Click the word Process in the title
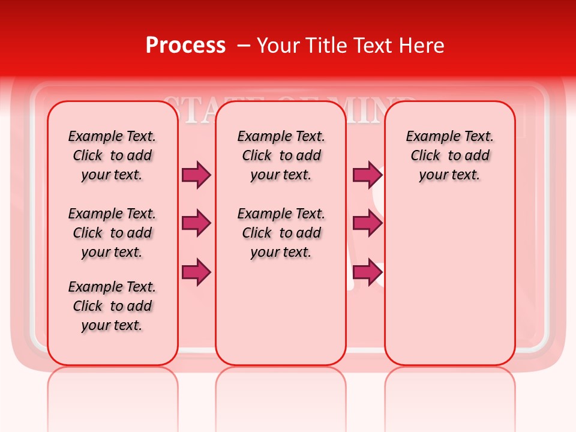coord(185,46)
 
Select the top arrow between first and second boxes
coord(196,175)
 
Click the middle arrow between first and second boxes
coord(196,223)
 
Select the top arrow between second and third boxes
coord(367,175)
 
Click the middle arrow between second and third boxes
coord(367,223)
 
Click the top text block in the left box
coord(112,155)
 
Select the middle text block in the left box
coord(112,233)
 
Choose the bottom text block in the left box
coord(112,306)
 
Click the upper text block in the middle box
coord(281,155)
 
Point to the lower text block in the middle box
coord(281,233)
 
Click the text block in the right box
coord(450,155)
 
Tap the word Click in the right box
coord(425,156)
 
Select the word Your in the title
coord(276,46)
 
